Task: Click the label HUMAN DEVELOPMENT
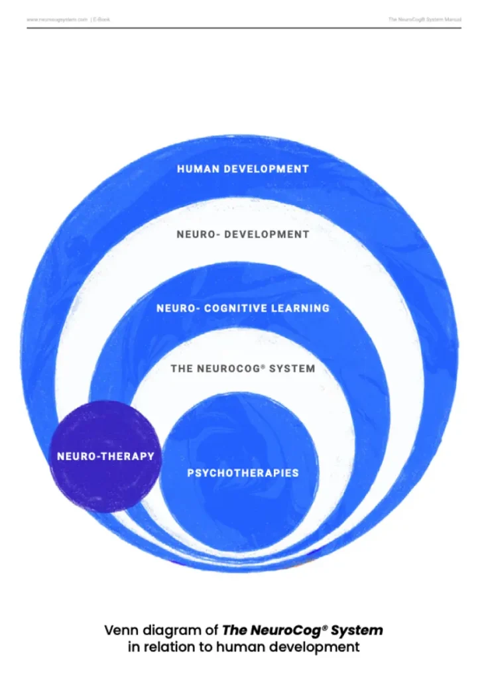click(x=243, y=169)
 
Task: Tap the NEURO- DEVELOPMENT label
click(x=243, y=234)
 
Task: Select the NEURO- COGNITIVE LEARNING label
click(x=243, y=308)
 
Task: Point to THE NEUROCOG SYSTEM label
click(x=243, y=368)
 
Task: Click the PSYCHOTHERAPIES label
click(x=243, y=473)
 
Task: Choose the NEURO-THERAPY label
click(x=105, y=456)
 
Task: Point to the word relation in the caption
click(x=166, y=647)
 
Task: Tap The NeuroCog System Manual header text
click(x=424, y=20)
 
